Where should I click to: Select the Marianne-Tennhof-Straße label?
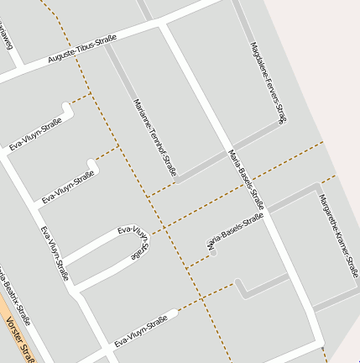[156, 138]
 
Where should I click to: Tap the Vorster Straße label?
[18, 340]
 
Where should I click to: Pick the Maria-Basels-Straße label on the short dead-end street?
[236, 231]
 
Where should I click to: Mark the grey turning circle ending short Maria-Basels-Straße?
[214, 250]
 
